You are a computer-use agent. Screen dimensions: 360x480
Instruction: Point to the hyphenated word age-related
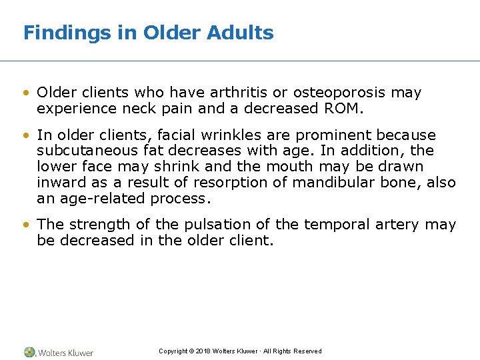(x=107, y=198)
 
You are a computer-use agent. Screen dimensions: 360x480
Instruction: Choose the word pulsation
(x=209, y=225)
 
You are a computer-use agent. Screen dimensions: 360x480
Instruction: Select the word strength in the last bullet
(x=89, y=225)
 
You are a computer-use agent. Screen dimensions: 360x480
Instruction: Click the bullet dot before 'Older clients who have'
(x=27, y=93)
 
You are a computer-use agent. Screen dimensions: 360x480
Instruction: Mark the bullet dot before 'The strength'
(x=27, y=225)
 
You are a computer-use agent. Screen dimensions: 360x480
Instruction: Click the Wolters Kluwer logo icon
(x=29, y=352)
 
